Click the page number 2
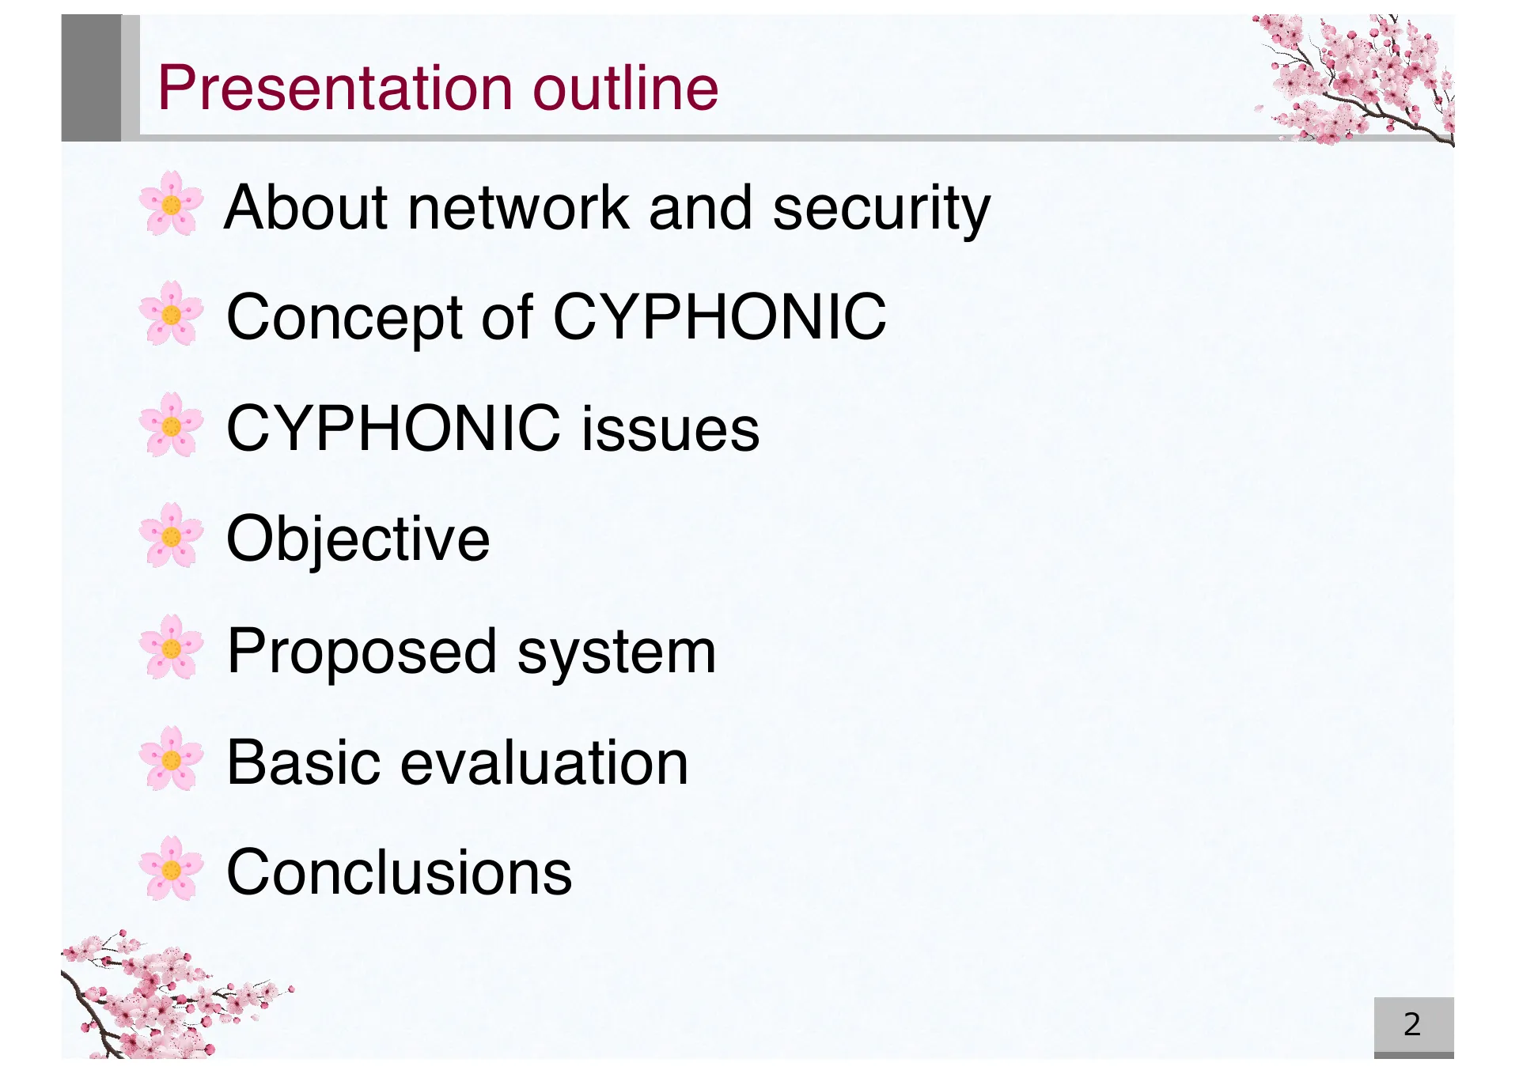coord(1412,1024)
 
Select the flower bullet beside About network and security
coord(171,203)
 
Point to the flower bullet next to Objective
coord(171,535)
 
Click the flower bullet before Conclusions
coord(171,868)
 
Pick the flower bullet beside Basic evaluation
coord(171,758)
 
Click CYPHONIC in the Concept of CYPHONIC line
coord(720,316)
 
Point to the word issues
coord(671,428)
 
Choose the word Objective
coord(358,540)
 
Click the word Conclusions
coord(400,872)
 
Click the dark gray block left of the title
coord(91,78)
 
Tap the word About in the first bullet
coord(309,207)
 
